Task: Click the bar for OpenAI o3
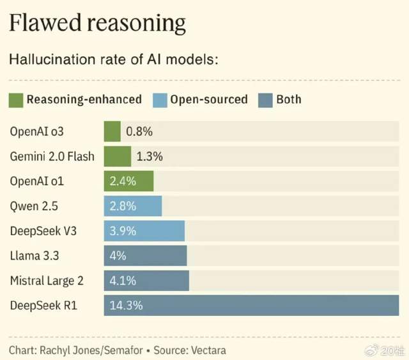tap(112, 132)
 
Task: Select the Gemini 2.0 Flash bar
tap(118, 156)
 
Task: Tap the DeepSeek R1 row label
tap(43, 305)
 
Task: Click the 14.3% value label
tap(126, 305)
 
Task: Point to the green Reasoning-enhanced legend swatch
tap(17, 100)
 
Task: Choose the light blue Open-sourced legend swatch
tap(160, 100)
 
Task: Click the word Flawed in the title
tap(45, 24)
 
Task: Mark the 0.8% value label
tap(139, 132)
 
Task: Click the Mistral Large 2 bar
tap(146, 280)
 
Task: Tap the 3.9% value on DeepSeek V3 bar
tap(123, 231)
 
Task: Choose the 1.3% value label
tap(150, 156)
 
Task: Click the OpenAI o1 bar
tap(129, 181)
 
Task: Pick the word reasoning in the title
tap(137, 24)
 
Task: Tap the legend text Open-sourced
tap(210, 100)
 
